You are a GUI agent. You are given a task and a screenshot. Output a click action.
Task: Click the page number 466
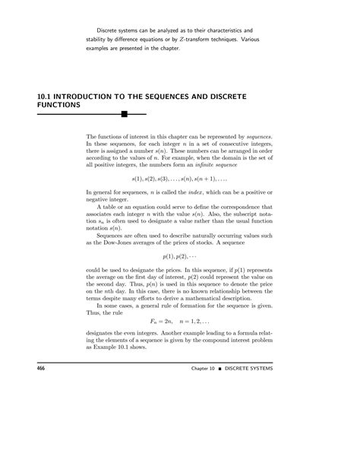click(x=33, y=389)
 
